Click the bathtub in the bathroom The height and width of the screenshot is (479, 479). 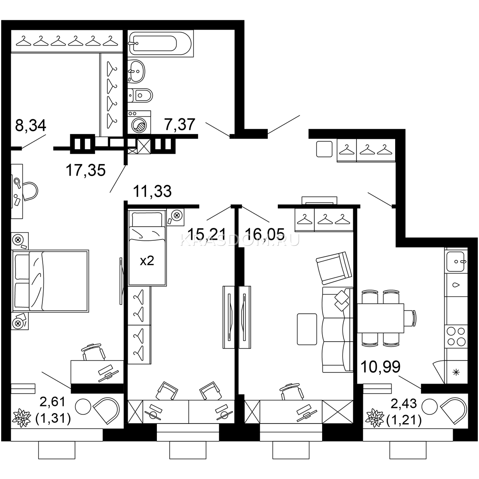pos(160,43)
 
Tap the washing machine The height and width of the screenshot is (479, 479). pos(139,122)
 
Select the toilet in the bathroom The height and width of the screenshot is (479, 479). pos(140,95)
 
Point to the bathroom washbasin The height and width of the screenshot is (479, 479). pos(136,71)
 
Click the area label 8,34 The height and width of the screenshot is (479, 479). pos(31,125)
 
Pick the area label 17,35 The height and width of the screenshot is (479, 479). pos(86,170)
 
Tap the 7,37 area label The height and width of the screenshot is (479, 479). pos(180,124)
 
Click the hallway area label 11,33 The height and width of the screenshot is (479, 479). pos(152,191)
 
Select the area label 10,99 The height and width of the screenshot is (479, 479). pos(380,366)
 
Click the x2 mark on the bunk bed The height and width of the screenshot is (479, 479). pos(147,261)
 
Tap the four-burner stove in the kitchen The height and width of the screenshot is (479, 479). pos(456,336)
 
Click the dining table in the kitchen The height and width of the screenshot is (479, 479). pos(380,318)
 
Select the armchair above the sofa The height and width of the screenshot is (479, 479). pos(334,268)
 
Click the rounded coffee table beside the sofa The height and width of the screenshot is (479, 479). pos(307,329)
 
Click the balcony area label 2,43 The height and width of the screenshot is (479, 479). pos(404,404)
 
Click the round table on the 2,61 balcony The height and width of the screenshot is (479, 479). pos(83,406)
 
